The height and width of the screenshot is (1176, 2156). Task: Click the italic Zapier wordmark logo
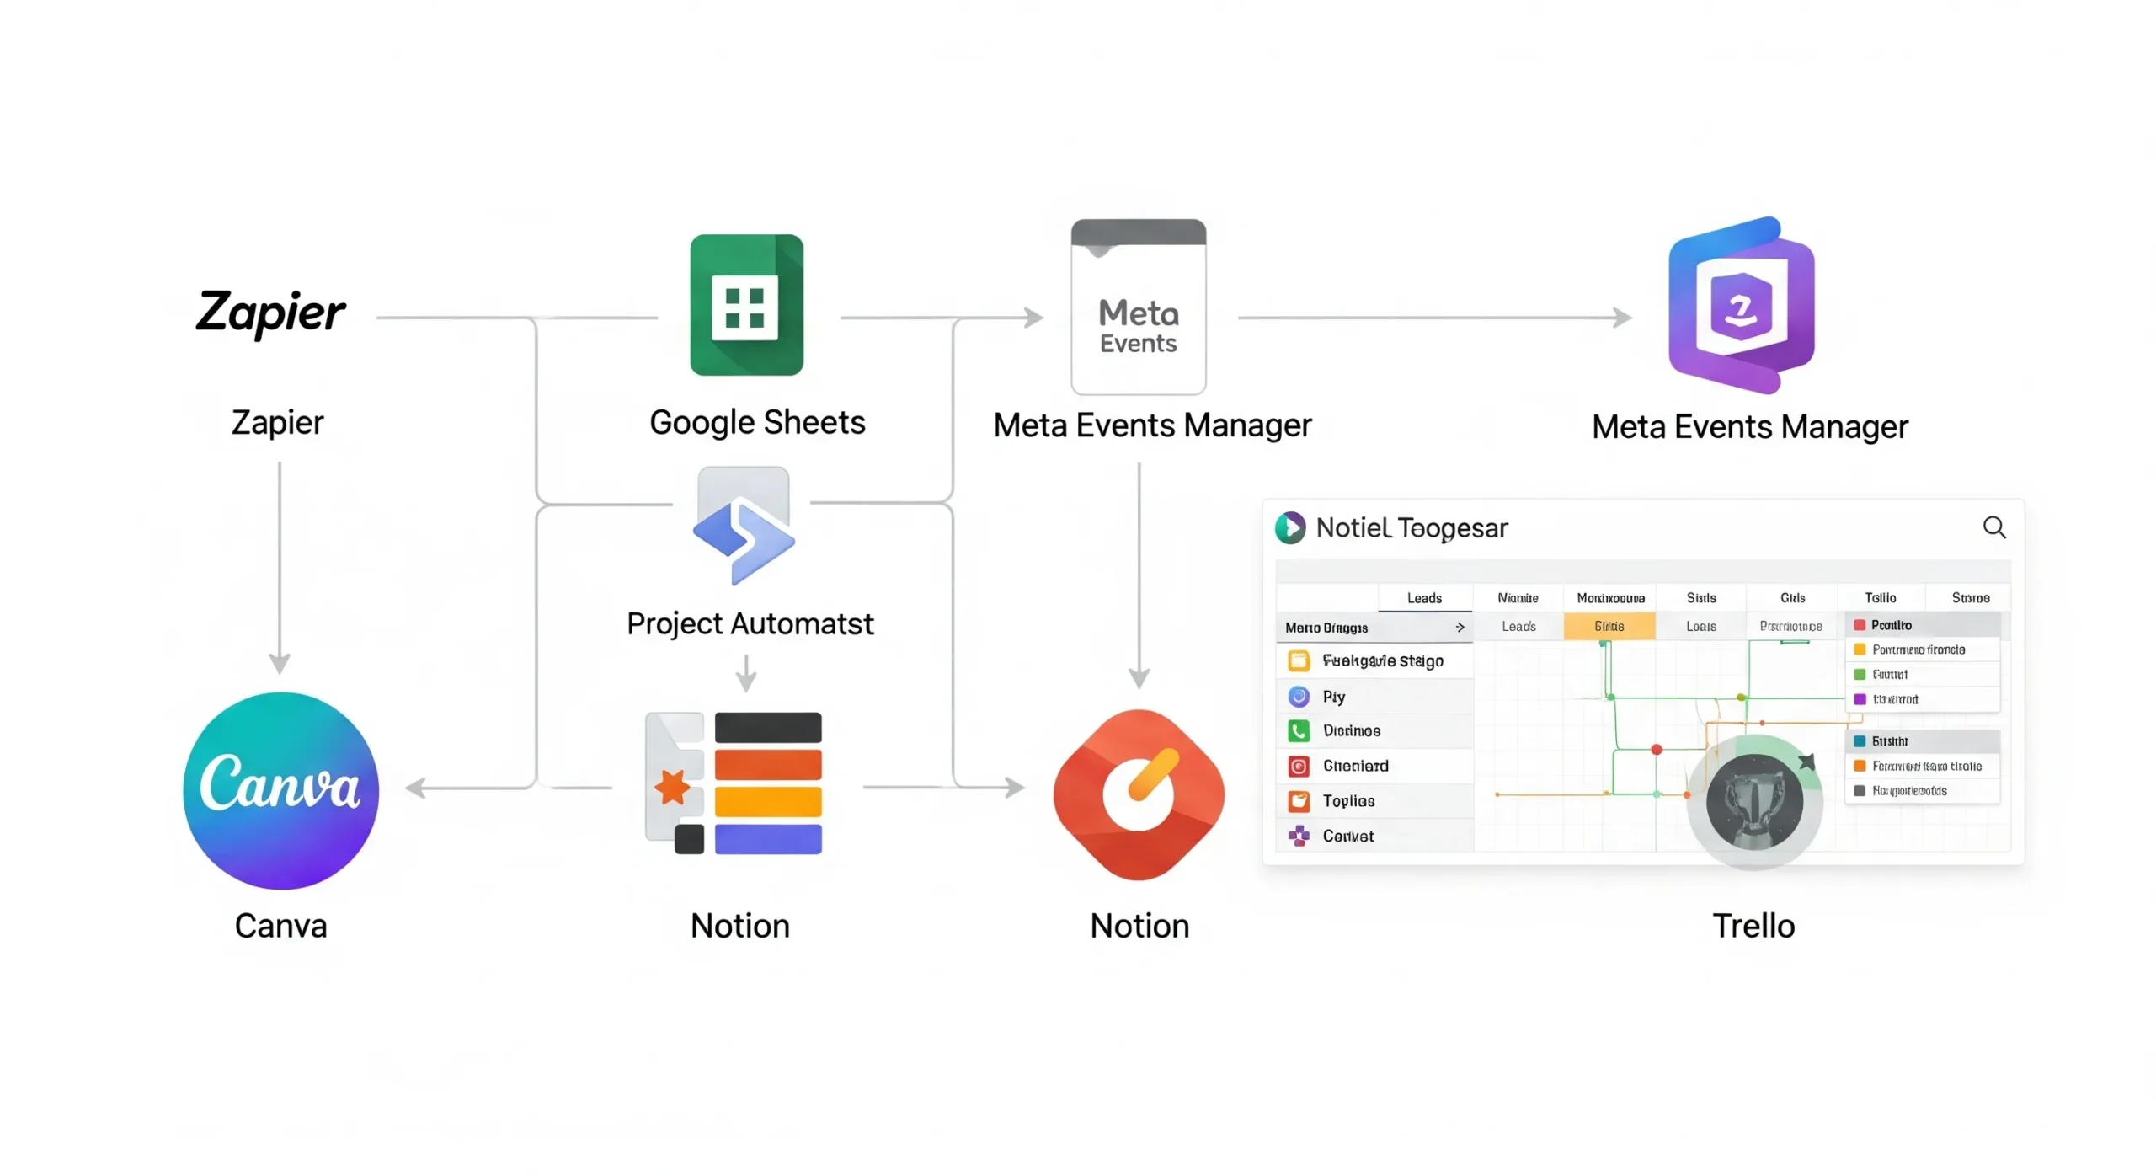tap(269, 313)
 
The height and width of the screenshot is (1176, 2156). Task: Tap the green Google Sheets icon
tap(746, 304)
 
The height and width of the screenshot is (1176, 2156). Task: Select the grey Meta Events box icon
tap(1138, 307)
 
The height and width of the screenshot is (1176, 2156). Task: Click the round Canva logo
tap(280, 789)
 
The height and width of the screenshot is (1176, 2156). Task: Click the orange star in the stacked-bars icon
tap(673, 788)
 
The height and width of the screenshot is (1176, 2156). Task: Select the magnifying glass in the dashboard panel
tap(1993, 527)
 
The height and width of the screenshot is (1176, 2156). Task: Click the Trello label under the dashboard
tap(1753, 925)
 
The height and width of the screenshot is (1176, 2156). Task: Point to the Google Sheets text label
tap(756, 422)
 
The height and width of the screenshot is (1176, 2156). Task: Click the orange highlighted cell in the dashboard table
tap(1609, 626)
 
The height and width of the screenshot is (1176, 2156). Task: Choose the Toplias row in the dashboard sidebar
tap(1347, 800)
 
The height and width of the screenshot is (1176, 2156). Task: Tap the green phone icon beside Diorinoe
tap(1298, 730)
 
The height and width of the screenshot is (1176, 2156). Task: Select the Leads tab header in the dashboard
tap(1424, 598)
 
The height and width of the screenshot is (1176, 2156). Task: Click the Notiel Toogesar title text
tap(1411, 528)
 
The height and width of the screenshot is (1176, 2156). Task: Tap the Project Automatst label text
tap(750, 623)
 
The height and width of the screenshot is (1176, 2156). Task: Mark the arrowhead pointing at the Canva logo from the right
tap(415, 788)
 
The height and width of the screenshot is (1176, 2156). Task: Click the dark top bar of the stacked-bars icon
tap(767, 727)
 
